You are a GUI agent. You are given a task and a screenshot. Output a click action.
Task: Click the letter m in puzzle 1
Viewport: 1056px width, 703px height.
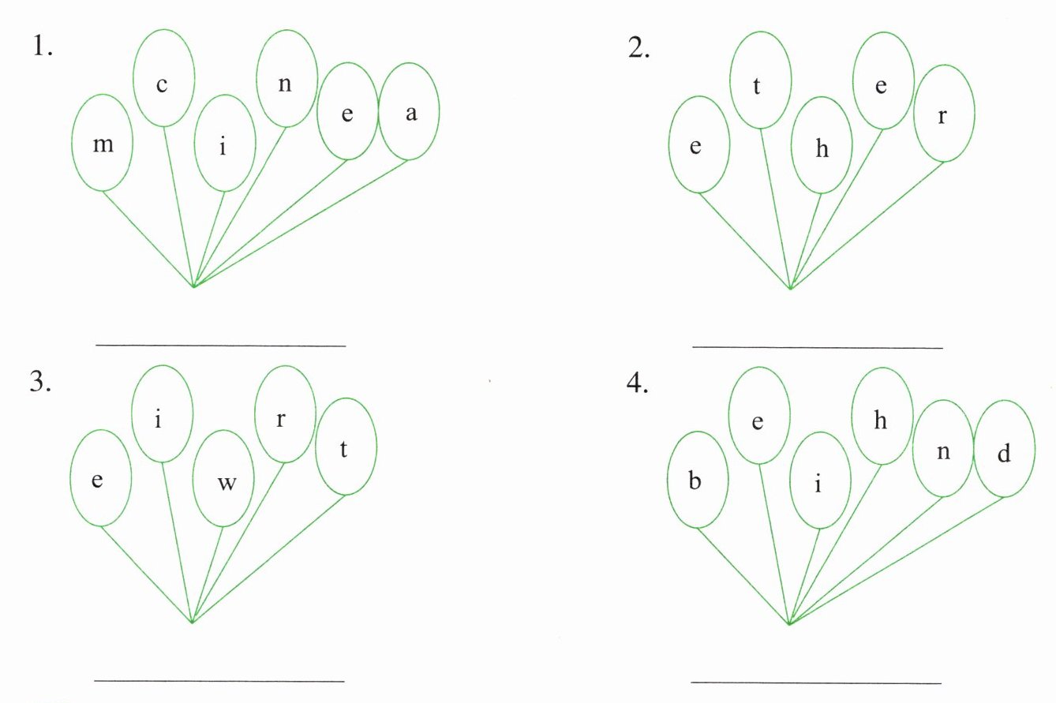(103, 144)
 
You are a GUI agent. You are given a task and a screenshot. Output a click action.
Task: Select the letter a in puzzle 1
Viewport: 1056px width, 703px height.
(410, 113)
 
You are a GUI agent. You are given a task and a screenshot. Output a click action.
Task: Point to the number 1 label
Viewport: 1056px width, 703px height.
(41, 47)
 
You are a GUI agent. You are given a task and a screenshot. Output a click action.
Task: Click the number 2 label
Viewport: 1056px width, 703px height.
(638, 49)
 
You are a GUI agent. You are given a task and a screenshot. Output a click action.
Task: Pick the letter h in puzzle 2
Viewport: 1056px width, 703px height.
(822, 148)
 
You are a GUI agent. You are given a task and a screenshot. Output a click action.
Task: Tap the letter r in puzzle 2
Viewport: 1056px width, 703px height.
(942, 116)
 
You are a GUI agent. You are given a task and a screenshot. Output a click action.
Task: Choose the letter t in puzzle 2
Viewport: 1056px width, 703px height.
(757, 85)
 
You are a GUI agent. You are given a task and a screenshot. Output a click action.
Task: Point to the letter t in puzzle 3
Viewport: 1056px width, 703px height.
(343, 448)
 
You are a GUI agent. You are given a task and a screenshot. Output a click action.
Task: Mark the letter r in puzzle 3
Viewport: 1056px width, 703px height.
(281, 418)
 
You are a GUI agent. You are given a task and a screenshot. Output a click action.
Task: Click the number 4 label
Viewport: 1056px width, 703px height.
(638, 383)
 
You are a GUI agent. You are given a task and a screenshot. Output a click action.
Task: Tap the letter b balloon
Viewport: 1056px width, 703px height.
(695, 481)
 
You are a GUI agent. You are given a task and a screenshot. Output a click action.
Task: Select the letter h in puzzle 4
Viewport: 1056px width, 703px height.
(881, 421)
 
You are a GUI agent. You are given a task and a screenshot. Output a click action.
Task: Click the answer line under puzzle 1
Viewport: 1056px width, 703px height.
(221, 346)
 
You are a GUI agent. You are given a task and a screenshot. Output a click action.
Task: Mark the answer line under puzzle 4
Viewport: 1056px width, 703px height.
(816, 682)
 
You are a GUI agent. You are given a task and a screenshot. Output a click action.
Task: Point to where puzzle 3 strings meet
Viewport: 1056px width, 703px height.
(193, 622)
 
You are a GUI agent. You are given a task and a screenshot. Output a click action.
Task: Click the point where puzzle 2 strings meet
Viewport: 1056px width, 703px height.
(790, 289)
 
